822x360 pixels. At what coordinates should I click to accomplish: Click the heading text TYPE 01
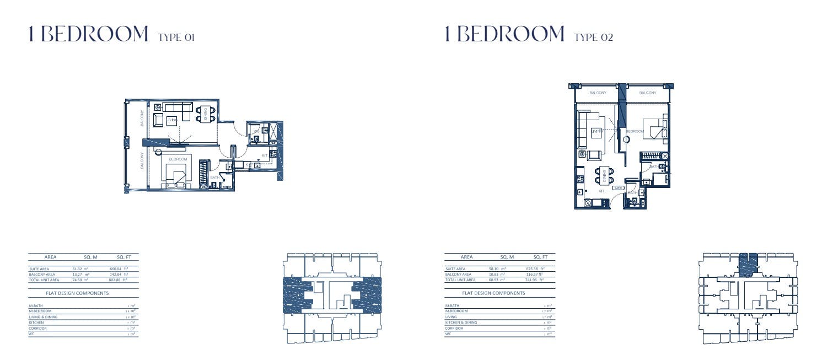176,37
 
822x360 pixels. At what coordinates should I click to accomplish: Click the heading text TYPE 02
593,37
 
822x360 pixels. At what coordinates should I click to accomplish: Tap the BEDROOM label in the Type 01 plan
178,159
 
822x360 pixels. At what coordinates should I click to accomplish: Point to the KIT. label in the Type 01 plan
265,156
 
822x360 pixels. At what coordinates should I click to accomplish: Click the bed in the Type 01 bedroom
177,175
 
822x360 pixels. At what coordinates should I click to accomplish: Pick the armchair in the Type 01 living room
158,120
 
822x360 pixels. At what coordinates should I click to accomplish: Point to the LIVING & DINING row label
43,317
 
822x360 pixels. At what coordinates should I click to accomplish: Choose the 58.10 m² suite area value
497,269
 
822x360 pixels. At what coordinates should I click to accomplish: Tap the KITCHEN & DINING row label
461,323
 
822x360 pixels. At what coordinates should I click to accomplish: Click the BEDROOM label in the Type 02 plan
634,131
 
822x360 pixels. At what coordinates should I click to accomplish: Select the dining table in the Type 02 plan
604,176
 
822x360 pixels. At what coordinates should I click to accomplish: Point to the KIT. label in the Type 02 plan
602,191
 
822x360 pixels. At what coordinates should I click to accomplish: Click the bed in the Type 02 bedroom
656,131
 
